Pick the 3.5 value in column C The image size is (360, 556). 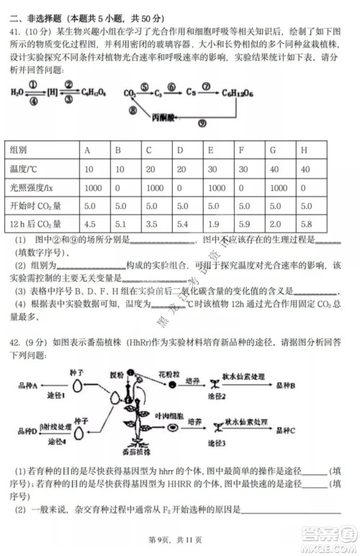point(151,223)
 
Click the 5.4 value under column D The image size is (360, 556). point(182,223)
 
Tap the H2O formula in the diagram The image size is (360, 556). point(17,92)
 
